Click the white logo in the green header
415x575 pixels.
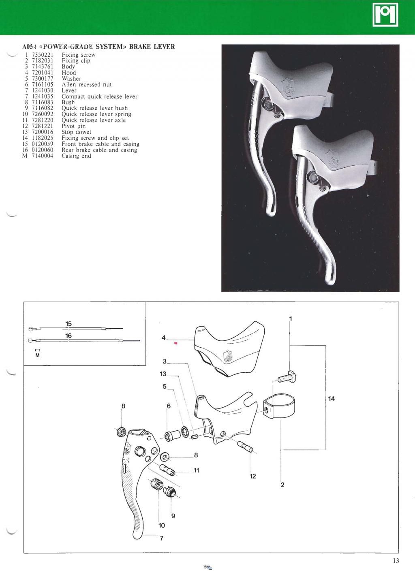pyautogui.click(x=385, y=15)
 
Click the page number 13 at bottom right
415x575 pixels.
pyautogui.click(x=396, y=561)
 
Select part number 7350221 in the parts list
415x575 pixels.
pyautogui.click(x=43, y=55)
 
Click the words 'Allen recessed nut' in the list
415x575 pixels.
pyautogui.click(x=86, y=85)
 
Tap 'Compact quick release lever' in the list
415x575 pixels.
pyautogui.click(x=99, y=96)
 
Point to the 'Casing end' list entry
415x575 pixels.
pyautogui.click(x=76, y=156)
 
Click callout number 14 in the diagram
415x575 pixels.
pyautogui.click(x=331, y=399)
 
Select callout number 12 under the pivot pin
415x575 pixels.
pyautogui.click(x=252, y=476)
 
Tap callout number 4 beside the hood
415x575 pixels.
pyautogui.click(x=164, y=338)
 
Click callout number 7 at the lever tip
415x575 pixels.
pyautogui.click(x=162, y=539)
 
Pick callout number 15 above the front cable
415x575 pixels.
pyautogui.click(x=68, y=324)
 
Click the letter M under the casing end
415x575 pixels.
pyautogui.click(x=37, y=355)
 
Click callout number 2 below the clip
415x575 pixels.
pyautogui.click(x=282, y=485)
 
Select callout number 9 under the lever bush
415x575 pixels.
pyautogui.click(x=173, y=516)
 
